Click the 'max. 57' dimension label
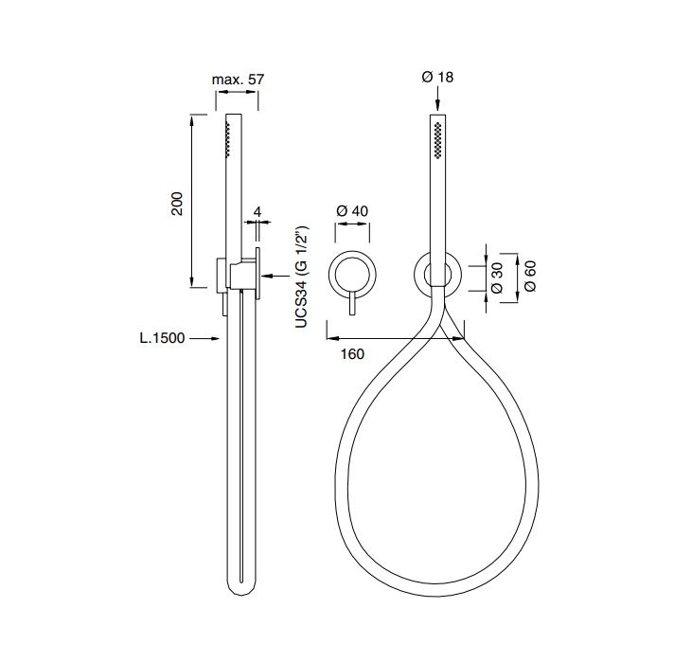(238, 80)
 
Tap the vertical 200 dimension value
(177, 204)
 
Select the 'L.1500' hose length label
(162, 338)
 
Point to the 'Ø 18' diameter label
(437, 77)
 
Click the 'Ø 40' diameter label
(352, 211)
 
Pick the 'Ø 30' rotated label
(496, 277)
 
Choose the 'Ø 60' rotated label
(530, 276)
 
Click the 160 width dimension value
(352, 354)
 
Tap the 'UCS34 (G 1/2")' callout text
(302, 277)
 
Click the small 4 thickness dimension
(257, 211)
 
